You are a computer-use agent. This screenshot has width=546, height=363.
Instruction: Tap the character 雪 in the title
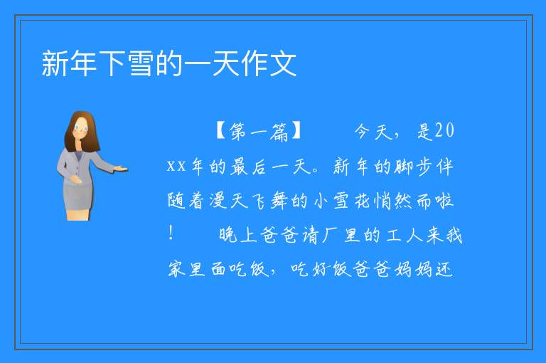141,63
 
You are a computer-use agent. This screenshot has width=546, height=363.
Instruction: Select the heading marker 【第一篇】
258,132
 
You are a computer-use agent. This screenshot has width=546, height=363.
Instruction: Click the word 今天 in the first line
373,132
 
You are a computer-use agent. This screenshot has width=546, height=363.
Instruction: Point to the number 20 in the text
444,131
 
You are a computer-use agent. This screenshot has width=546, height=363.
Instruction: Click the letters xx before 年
176,166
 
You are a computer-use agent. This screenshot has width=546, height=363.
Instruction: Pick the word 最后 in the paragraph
249,166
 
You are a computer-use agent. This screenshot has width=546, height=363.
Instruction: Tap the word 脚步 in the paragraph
413,166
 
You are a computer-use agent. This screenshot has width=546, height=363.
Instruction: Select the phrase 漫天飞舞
248,201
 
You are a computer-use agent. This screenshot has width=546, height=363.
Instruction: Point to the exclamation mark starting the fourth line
171,233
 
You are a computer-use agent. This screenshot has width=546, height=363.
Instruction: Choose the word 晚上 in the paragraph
238,235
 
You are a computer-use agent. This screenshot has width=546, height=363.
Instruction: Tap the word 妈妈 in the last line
413,269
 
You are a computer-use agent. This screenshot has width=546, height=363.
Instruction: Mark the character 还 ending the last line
444,269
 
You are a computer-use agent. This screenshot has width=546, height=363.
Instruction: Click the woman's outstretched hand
121,169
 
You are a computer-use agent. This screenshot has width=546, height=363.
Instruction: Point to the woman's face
81,128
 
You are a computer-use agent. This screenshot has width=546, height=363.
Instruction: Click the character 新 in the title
55,63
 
